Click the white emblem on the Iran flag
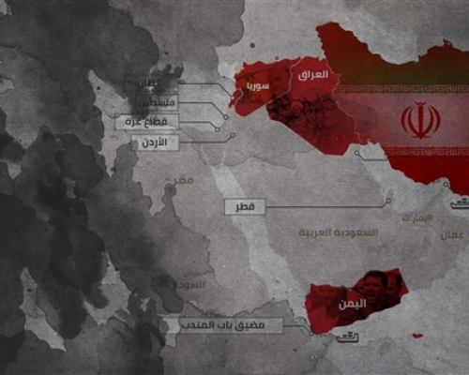tap(419, 121)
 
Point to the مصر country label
tap(185, 178)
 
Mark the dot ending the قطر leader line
tap(388, 202)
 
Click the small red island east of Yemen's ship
tap(413, 334)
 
